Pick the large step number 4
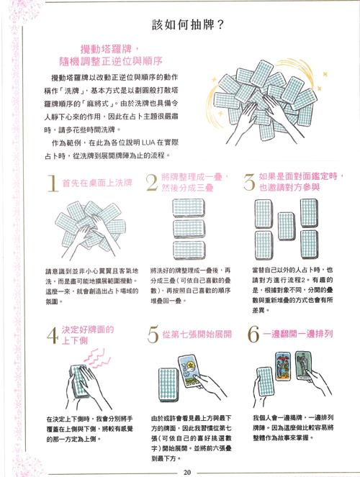coord(52,317)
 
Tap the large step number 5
coord(152,317)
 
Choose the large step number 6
coord(251,317)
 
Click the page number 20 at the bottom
coord(187,471)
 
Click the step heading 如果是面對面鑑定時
coord(297,176)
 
